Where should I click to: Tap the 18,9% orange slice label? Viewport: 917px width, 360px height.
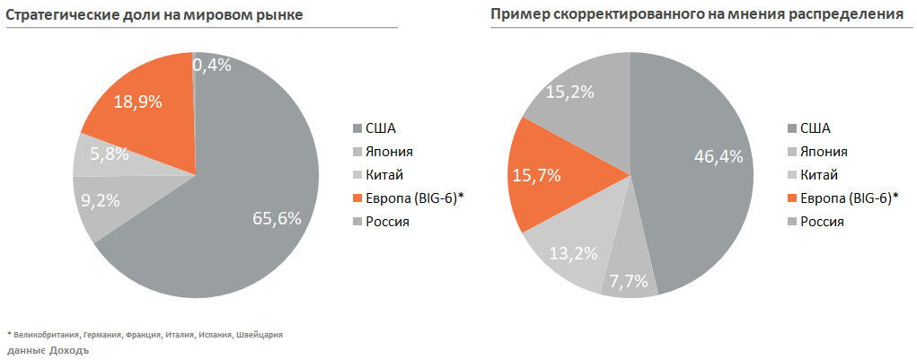tap(137, 101)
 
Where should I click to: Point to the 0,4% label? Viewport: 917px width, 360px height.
tap(212, 65)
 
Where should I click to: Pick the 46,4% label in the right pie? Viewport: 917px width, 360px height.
tap(719, 156)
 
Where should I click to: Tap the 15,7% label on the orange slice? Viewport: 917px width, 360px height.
tap(535, 175)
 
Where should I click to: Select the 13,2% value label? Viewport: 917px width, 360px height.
tap(573, 253)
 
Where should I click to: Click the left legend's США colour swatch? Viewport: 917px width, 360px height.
tap(357, 127)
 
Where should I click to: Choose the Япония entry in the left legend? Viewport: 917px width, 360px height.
tap(390, 151)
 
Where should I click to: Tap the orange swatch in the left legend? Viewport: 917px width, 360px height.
tap(357, 198)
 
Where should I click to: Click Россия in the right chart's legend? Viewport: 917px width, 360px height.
tap(822, 221)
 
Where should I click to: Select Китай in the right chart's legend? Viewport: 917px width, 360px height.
tap(819, 174)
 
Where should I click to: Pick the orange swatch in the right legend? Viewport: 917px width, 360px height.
tap(791, 198)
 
